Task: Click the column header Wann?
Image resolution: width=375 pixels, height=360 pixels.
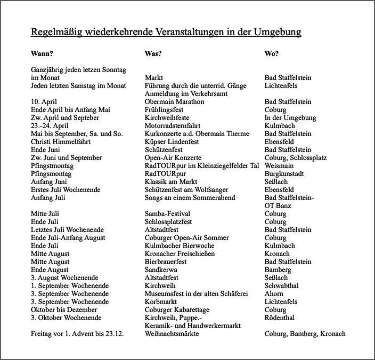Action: coord(43,54)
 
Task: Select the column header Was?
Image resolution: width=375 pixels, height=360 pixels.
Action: coord(153,54)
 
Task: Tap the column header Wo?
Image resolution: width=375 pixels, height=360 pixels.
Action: coord(272,54)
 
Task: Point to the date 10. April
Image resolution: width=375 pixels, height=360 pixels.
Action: coord(44,102)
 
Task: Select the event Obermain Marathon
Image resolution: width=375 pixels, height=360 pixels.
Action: coord(174,102)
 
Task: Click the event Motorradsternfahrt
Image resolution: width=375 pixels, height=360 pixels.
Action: coord(173,126)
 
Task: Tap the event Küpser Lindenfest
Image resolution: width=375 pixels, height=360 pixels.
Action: coord(171,142)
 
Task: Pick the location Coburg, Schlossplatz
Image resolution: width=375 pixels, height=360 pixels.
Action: coord(296,158)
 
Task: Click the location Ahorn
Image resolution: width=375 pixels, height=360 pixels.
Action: coord(274,294)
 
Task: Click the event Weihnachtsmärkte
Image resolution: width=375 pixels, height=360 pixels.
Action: coord(172,334)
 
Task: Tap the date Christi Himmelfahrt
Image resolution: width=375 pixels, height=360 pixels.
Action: coord(61,142)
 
